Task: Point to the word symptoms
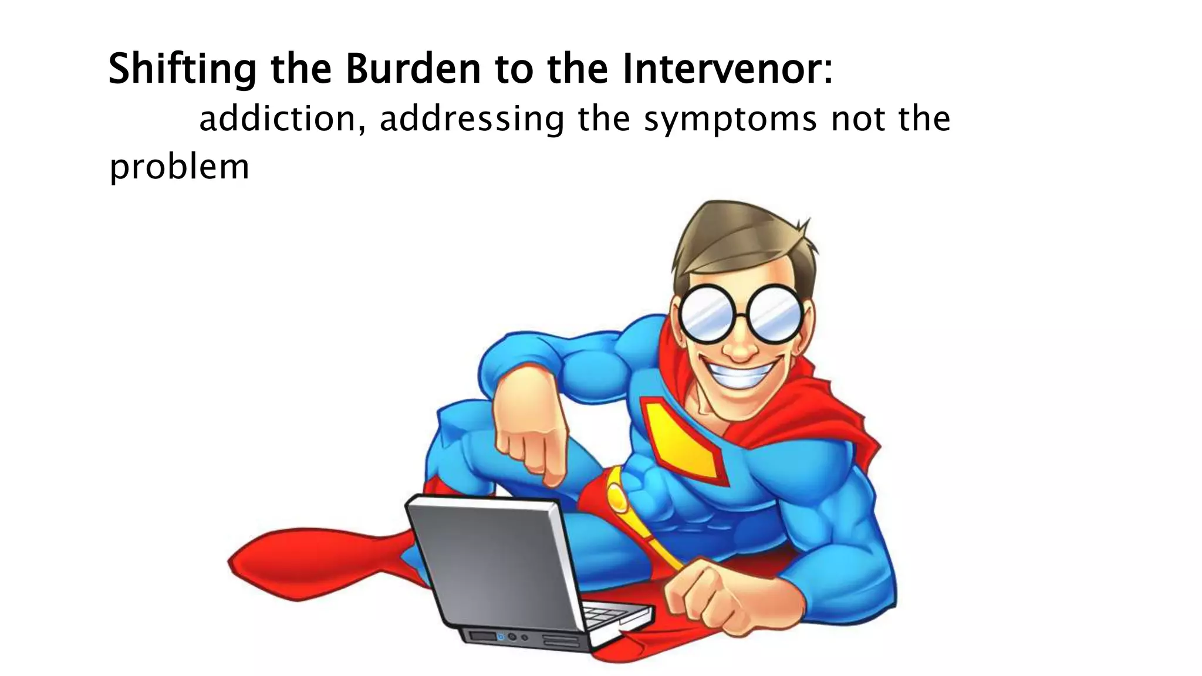point(731,120)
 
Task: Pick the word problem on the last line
point(179,167)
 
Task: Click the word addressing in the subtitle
point(472,120)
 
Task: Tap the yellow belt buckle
point(616,496)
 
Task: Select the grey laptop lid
point(493,563)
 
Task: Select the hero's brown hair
point(740,235)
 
